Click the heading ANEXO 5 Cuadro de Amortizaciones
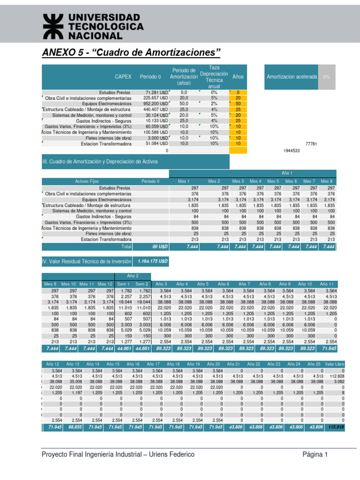[131, 51]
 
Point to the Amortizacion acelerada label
[291, 76]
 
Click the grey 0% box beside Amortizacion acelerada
[327, 76]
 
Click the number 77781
[311, 144]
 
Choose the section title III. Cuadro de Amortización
[100, 161]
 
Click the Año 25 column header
[314, 364]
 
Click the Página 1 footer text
[315, 455]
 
